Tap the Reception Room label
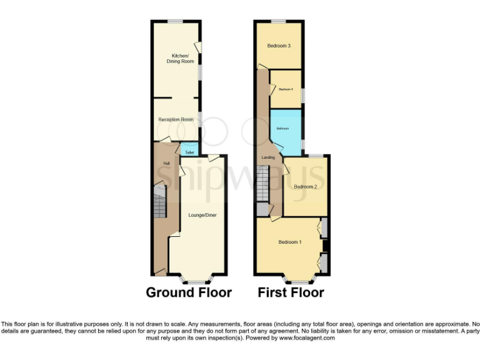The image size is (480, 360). point(176,119)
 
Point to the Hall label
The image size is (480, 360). point(166,164)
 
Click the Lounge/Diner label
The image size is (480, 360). point(202,216)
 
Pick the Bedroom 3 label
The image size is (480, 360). point(279,46)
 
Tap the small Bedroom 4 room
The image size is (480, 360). point(286,90)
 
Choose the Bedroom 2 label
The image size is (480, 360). point(306,186)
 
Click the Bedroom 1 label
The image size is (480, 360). point(290,242)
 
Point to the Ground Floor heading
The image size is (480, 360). point(189,292)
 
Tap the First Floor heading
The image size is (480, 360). point(291,292)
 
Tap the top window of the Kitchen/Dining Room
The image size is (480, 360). point(175,22)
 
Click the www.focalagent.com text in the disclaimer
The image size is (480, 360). point(306,338)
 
